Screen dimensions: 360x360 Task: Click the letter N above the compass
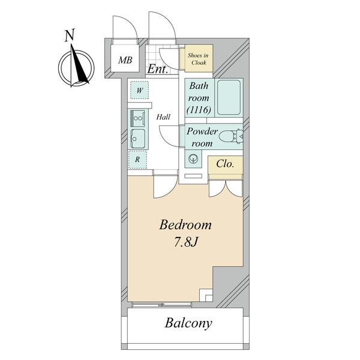pos(70,35)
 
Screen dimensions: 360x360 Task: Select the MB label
pos(125,61)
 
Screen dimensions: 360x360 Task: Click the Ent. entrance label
pos(157,69)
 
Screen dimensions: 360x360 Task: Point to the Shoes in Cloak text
pos(199,59)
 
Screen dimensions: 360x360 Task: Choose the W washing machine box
pos(139,90)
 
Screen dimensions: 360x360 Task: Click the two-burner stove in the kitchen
pos(137,118)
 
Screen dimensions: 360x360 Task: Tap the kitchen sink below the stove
pos(138,139)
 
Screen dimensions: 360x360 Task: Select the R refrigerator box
pos(137,160)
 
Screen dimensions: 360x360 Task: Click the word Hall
pos(163,117)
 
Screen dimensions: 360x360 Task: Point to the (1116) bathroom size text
pos(199,110)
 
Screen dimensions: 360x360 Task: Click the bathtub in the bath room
pos(229,97)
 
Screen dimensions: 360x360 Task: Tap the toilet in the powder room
pos(230,136)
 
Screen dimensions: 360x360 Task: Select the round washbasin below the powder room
pos(193,158)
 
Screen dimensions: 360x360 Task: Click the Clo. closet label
pos(225,164)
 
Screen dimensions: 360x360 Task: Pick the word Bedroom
pos(185,225)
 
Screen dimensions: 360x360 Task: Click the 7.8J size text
pos(186,242)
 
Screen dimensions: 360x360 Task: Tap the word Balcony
pos(188,323)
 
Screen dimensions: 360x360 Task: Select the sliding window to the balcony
pos(162,305)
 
